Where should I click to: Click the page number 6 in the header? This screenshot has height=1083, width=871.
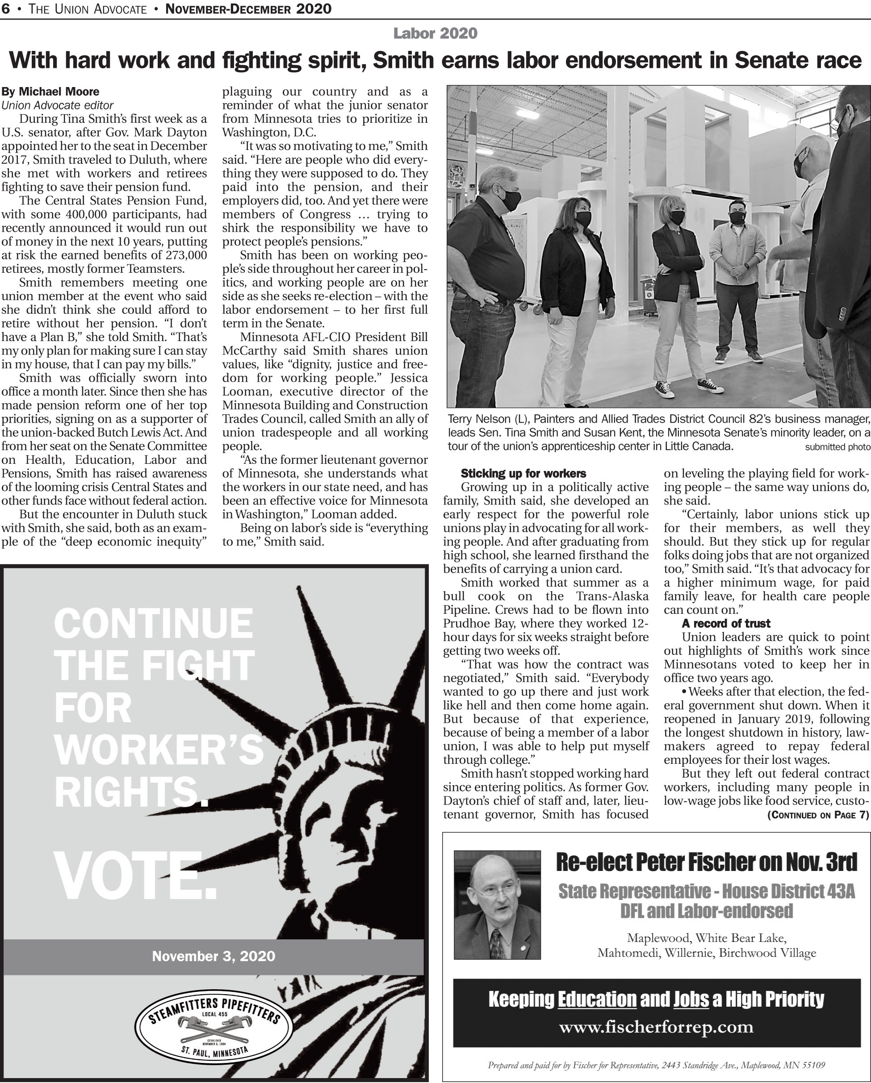point(5,8)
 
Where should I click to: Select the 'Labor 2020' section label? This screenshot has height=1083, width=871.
point(435,33)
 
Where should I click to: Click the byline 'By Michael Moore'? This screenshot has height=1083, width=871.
point(50,92)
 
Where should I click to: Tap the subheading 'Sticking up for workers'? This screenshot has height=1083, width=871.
point(523,473)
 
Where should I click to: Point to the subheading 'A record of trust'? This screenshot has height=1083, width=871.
point(726,623)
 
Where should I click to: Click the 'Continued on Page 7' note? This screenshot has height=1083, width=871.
point(818,815)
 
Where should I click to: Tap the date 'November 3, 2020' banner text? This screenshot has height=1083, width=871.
point(214,955)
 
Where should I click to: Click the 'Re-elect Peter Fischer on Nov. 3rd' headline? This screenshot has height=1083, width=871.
point(706,862)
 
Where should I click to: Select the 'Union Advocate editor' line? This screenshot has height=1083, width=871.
point(57,105)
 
